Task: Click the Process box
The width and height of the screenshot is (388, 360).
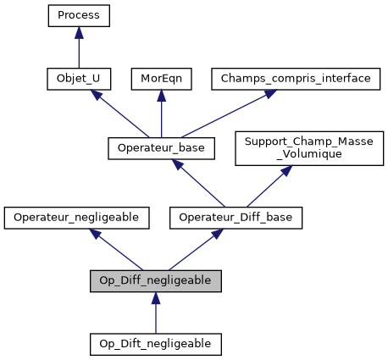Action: click(x=79, y=15)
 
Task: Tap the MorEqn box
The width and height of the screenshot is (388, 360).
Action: click(x=161, y=79)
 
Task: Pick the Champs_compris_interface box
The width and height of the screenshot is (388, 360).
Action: click(x=296, y=79)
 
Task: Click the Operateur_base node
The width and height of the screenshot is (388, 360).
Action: click(x=161, y=148)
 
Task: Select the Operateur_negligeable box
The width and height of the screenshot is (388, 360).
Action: click(x=77, y=218)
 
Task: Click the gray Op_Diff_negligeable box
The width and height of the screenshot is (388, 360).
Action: click(x=155, y=281)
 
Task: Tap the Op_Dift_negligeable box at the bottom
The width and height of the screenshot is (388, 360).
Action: click(x=155, y=344)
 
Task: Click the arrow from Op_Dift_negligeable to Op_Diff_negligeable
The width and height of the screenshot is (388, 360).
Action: click(x=155, y=313)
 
